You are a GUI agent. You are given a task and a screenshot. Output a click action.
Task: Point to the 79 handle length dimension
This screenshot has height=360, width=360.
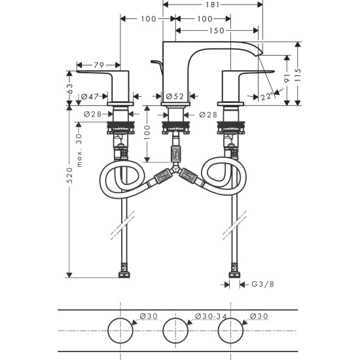(x=99, y=64)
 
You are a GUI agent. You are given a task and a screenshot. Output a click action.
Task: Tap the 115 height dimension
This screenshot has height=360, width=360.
(x=298, y=72)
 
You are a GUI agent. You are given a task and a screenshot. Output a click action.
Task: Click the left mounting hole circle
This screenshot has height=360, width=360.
(x=122, y=331)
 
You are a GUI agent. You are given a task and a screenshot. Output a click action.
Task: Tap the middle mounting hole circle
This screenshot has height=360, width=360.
(x=177, y=331)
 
